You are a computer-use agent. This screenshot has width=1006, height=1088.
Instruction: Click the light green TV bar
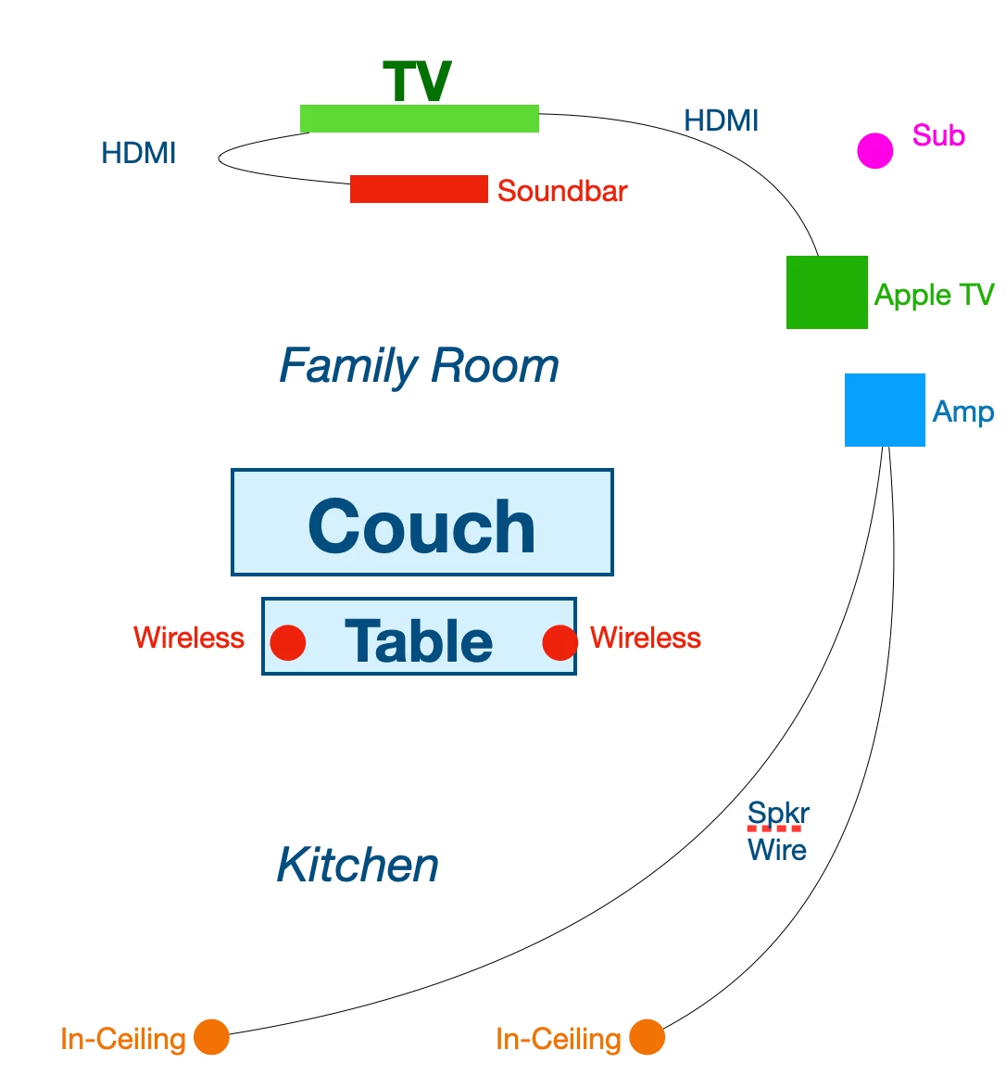(419, 119)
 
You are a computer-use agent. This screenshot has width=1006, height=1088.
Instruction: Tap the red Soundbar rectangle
(419, 189)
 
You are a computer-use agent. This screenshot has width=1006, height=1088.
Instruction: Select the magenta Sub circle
(874, 150)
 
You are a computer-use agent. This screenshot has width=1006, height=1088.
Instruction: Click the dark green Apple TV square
(827, 292)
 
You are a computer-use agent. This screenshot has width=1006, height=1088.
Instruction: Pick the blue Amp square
(885, 410)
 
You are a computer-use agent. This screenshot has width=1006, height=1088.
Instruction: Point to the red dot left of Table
(288, 642)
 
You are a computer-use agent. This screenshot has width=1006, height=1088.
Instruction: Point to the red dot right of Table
(560, 642)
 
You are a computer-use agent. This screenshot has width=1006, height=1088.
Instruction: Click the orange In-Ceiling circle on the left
(211, 1037)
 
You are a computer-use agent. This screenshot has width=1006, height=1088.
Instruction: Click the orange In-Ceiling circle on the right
(648, 1037)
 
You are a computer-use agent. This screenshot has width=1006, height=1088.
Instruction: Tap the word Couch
(421, 526)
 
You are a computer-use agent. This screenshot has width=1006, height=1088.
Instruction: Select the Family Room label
(419, 366)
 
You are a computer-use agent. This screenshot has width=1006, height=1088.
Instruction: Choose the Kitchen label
(358, 865)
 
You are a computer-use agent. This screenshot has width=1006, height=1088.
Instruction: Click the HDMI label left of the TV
(139, 153)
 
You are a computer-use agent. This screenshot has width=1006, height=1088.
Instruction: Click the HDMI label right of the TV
(722, 120)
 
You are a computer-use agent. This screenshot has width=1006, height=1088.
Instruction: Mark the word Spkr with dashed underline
(778, 815)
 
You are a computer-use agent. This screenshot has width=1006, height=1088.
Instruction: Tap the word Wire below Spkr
(777, 850)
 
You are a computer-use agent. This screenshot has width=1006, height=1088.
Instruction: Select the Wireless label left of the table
(189, 638)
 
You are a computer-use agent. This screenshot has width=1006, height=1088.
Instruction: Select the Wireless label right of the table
(646, 638)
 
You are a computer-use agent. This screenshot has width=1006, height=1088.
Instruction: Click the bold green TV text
(417, 82)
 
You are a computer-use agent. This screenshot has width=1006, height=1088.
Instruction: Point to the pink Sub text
(938, 135)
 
